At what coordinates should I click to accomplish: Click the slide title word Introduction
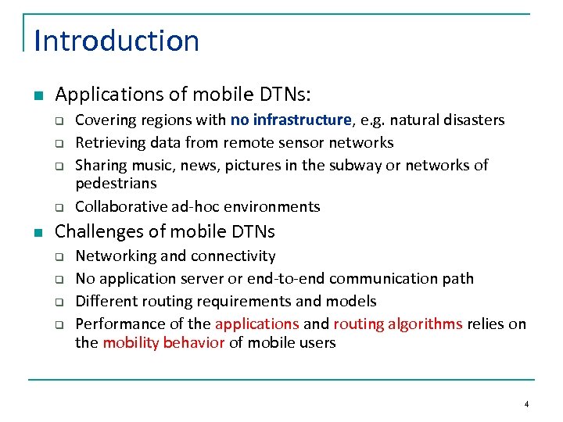[117, 41]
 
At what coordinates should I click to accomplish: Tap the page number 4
[527, 404]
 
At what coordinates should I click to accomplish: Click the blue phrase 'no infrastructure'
[291, 120]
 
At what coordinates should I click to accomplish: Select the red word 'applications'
[256, 324]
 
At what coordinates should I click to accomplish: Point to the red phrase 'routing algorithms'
[398, 324]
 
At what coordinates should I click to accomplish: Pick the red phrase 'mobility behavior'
[163, 343]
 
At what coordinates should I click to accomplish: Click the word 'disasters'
[472, 120]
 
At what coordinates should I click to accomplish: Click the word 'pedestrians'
[116, 184]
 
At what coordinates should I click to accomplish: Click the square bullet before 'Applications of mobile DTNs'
[38, 96]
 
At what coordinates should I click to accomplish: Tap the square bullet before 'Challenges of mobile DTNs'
[38, 232]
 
